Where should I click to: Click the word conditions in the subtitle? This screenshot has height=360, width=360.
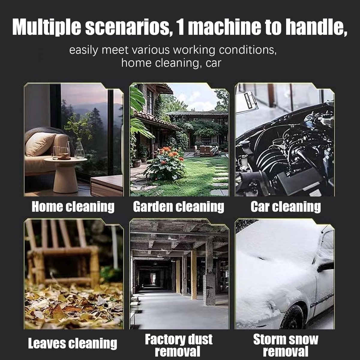248,50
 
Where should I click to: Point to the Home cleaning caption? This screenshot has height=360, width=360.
73,207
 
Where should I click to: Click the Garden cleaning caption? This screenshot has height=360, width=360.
178,207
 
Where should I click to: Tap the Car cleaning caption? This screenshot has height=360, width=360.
286,207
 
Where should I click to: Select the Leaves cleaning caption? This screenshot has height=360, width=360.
73,343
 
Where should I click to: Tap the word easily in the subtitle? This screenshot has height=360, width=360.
83,50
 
